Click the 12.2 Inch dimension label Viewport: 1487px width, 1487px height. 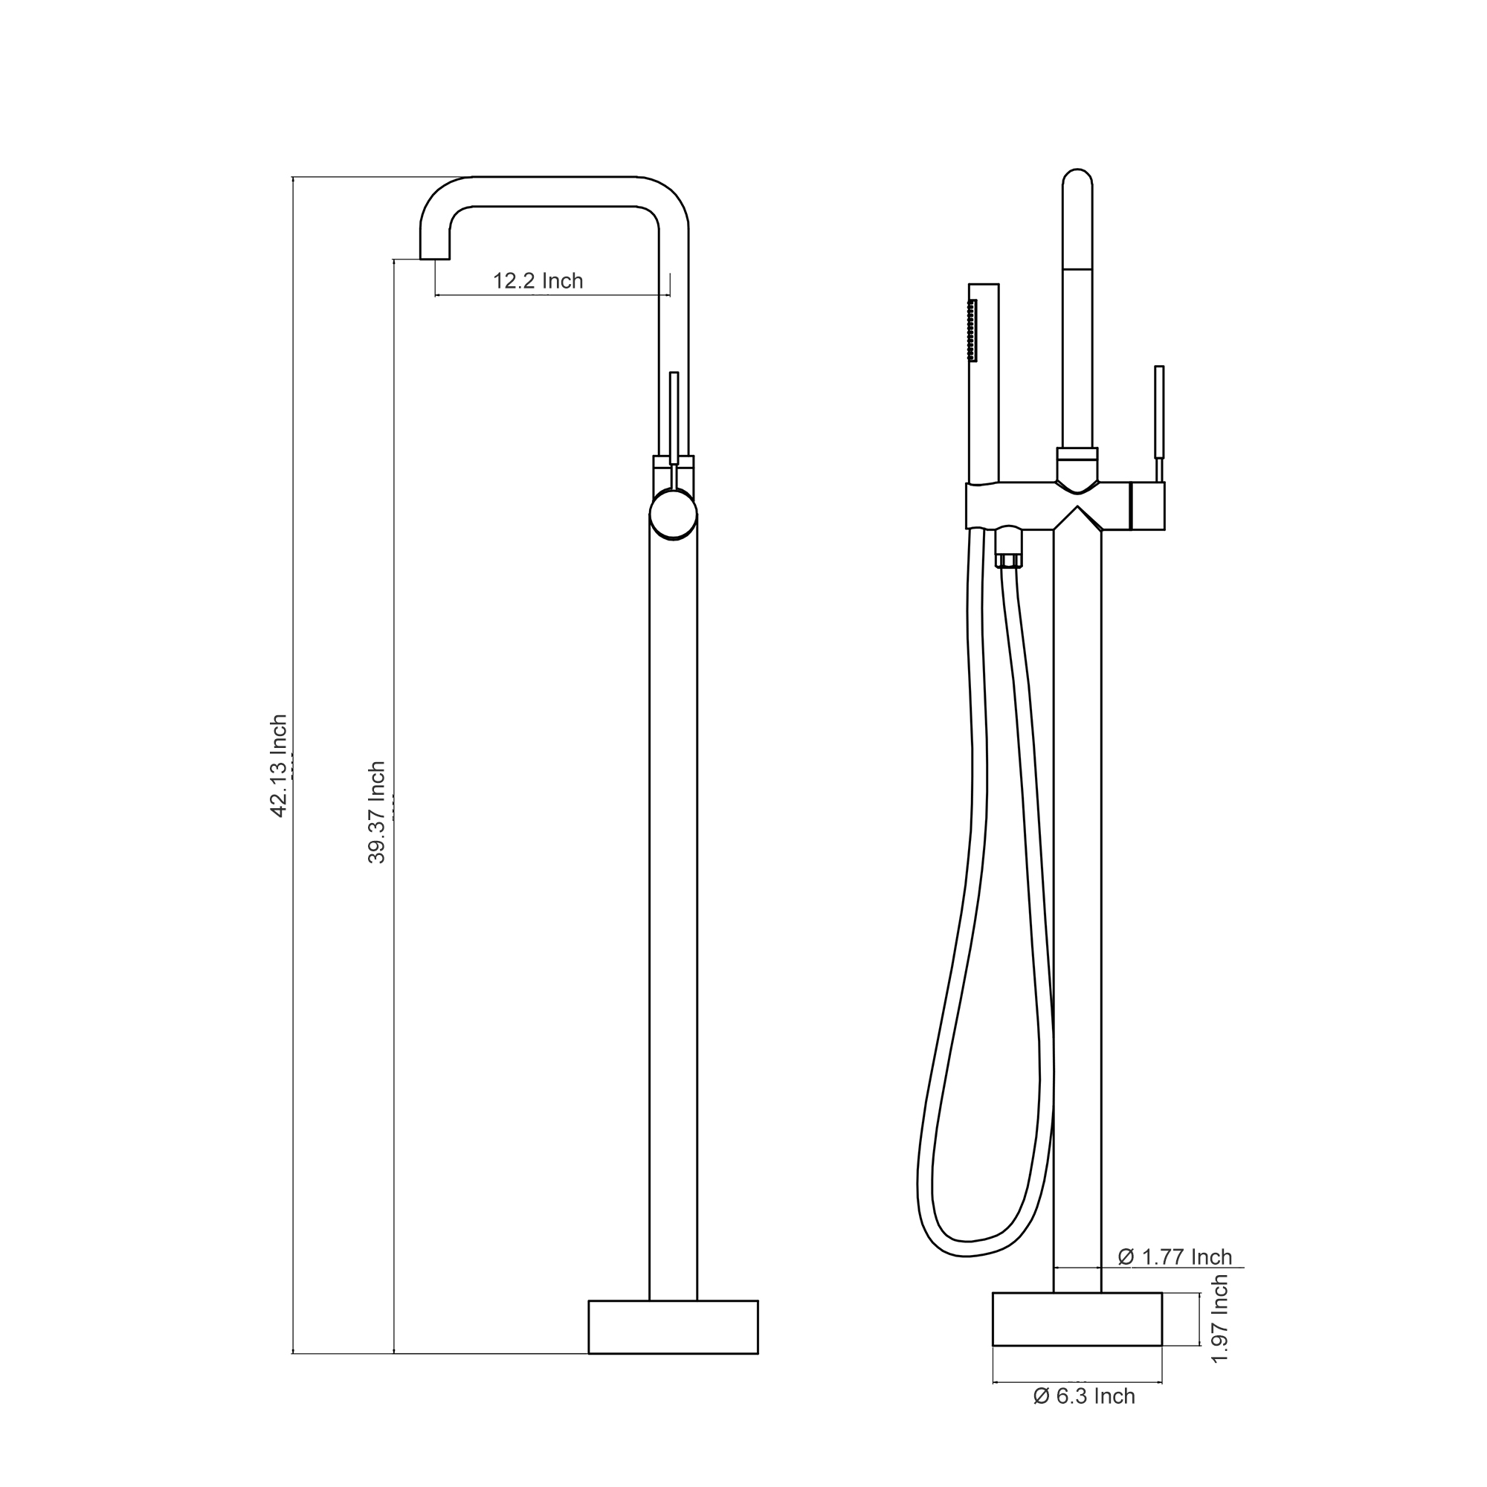point(538,281)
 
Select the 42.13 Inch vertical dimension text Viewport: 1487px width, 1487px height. point(279,766)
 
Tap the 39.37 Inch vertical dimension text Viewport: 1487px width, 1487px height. point(376,812)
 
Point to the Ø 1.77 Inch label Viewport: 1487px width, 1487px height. point(1175,1257)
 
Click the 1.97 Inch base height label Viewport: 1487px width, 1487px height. point(1219,1318)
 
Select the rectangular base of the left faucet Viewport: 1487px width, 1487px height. point(673,1326)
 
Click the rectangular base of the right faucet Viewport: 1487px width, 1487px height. point(1077,1318)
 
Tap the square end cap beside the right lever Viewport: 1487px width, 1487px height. point(1147,506)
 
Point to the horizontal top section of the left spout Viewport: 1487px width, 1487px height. point(554,192)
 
